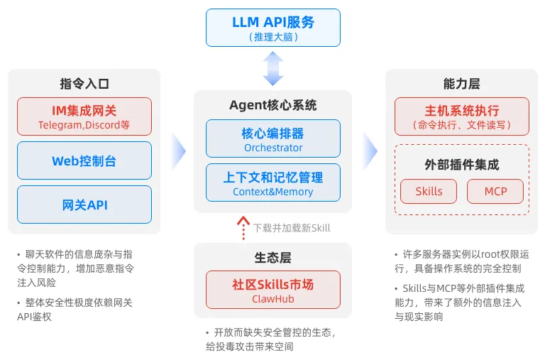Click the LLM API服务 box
pos(272,28)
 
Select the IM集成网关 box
pos(84,116)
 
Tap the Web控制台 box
pos(84,160)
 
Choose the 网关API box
pos(84,204)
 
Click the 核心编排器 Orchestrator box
pos(273,138)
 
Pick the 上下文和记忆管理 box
pos(273,182)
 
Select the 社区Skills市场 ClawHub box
pos(273,290)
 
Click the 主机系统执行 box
pos(462,116)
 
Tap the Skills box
pos(428,191)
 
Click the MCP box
pos(495,191)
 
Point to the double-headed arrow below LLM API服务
pos(273,69)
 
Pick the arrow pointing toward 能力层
pos(369,150)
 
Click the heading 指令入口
pos(84,83)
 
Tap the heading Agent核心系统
pos(273,105)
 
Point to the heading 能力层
pos(462,83)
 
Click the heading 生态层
pos(273,258)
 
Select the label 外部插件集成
pos(462,165)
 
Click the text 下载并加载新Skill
pos(292,228)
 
